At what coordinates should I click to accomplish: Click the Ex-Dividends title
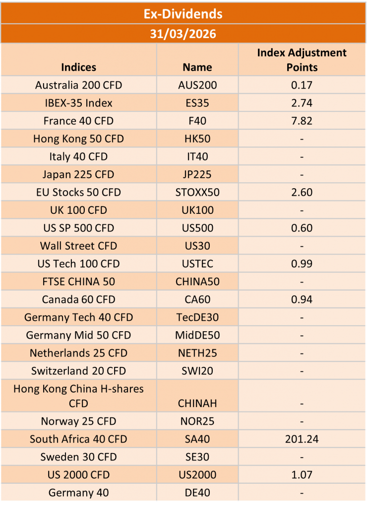pyautogui.click(x=183, y=14)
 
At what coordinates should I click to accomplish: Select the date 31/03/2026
pyautogui.click(x=183, y=35)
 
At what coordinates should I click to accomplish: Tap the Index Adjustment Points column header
pyautogui.click(x=302, y=59)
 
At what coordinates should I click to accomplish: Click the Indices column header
pyautogui.click(x=78, y=67)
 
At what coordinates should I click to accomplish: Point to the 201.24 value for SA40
pyautogui.click(x=302, y=439)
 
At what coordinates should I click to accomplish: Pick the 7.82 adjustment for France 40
pyautogui.click(x=302, y=121)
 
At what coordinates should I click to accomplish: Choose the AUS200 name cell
pyautogui.click(x=197, y=85)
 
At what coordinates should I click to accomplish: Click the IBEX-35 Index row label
pyautogui.click(x=78, y=103)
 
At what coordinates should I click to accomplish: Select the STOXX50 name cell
pyautogui.click(x=197, y=192)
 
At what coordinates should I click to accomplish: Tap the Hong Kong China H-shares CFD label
pyautogui.click(x=78, y=396)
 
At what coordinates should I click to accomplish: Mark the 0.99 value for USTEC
pyautogui.click(x=302, y=263)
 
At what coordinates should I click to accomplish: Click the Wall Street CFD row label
pyautogui.click(x=78, y=246)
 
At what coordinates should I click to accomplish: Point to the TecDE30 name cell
pyautogui.click(x=197, y=317)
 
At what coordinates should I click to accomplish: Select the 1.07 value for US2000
pyautogui.click(x=302, y=475)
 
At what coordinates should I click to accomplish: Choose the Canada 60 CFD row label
pyautogui.click(x=78, y=299)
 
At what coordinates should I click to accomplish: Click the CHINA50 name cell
pyautogui.click(x=197, y=281)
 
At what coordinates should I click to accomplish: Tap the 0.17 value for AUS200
pyautogui.click(x=302, y=85)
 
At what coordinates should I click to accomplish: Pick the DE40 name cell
pyautogui.click(x=197, y=493)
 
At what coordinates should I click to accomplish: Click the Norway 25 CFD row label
pyautogui.click(x=78, y=421)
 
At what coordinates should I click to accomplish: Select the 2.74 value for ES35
pyautogui.click(x=302, y=103)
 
